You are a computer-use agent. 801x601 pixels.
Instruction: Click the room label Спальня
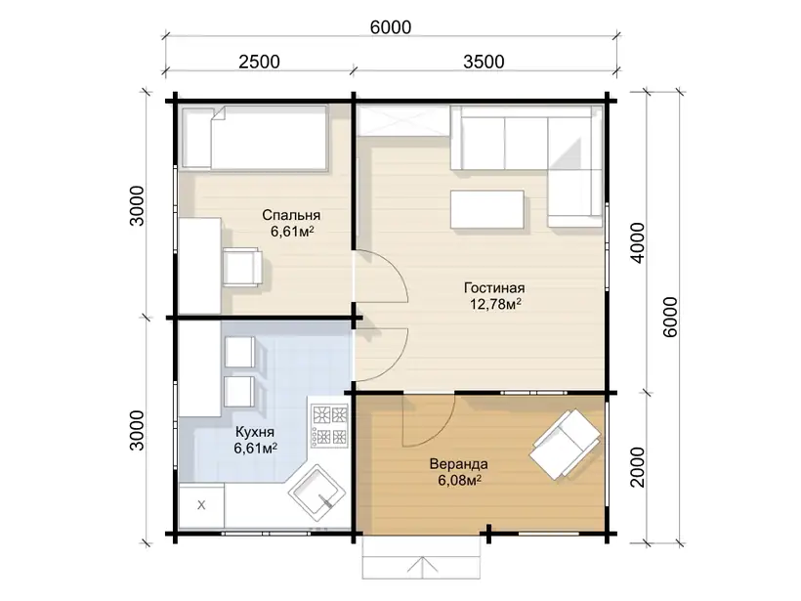(291, 215)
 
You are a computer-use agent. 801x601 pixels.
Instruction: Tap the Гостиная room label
(494, 287)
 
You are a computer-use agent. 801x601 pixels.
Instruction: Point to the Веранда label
(459, 464)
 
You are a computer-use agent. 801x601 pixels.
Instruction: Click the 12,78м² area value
(495, 305)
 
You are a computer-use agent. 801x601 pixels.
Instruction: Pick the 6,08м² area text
(459, 481)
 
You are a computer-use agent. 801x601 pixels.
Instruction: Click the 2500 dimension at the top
(259, 62)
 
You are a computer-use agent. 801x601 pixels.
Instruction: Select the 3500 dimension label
(484, 62)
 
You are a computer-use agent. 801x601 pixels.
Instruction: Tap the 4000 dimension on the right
(638, 242)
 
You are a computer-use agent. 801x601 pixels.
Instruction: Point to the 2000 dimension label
(638, 467)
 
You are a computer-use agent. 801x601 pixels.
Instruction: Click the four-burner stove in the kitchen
(329, 425)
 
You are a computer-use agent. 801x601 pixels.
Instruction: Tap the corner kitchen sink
(317, 493)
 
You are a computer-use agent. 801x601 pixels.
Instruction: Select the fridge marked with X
(201, 505)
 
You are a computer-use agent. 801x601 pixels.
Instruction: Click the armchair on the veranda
(565, 444)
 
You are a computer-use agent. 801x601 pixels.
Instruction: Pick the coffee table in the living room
(487, 209)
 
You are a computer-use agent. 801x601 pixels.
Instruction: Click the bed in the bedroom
(255, 137)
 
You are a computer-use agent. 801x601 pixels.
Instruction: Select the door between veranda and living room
(429, 420)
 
